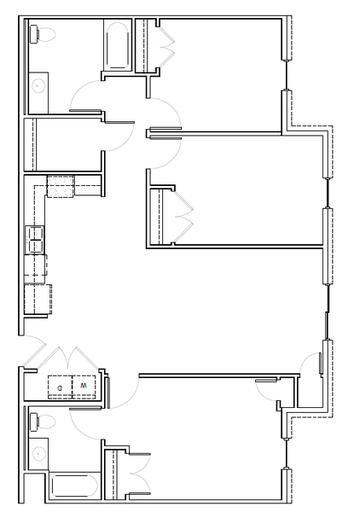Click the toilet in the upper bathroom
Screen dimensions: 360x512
pyautogui.click(x=43, y=34)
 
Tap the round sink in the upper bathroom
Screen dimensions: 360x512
pyautogui.click(x=38, y=86)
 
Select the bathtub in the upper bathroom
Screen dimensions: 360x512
pyautogui.click(x=117, y=45)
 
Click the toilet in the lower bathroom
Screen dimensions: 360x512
pyautogui.click(x=43, y=422)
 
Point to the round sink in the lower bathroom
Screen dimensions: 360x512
pyautogui.click(x=38, y=454)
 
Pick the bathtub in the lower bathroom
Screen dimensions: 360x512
pyautogui.click(x=74, y=486)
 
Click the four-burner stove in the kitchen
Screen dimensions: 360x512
pyautogui.click(x=61, y=186)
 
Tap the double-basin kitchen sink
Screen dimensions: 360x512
pyautogui.click(x=35, y=240)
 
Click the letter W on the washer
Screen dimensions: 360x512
pyautogui.click(x=84, y=386)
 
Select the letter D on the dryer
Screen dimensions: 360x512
pyautogui.click(x=60, y=388)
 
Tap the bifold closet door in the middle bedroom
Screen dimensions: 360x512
pyautogui.click(x=183, y=216)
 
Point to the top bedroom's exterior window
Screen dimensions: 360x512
pyautogui.click(x=287, y=75)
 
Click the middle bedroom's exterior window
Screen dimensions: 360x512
pyautogui.click(x=328, y=193)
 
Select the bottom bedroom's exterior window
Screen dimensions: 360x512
pyautogui.click(x=287, y=453)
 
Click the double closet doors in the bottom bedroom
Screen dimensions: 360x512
pyautogui.click(x=141, y=474)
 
